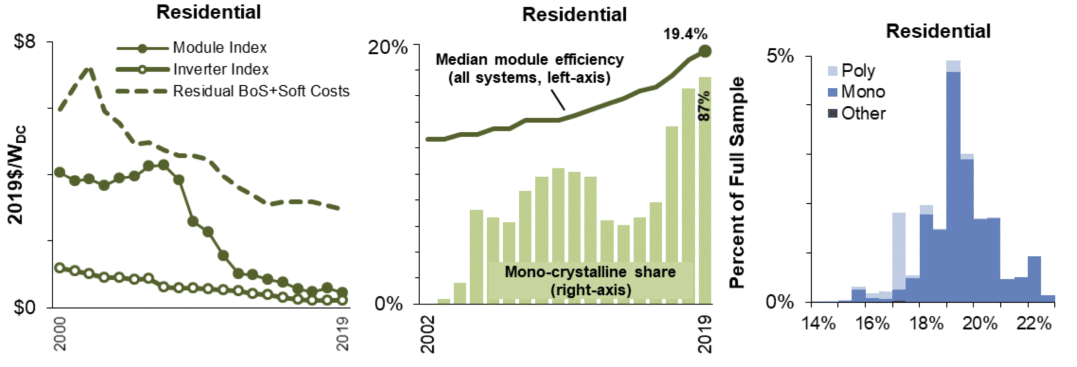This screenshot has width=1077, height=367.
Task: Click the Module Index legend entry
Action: [x=219, y=48]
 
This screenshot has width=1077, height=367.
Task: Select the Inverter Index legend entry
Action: [x=220, y=70]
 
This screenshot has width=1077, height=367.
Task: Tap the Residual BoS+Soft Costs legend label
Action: [x=261, y=91]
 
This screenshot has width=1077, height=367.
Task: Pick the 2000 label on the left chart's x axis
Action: [x=60, y=333]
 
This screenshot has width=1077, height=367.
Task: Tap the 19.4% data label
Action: [x=685, y=34]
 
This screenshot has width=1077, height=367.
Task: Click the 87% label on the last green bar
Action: [x=704, y=105]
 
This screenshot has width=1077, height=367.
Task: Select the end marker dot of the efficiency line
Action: [x=705, y=51]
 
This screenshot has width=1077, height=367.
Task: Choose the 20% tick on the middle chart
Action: [x=388, y=47]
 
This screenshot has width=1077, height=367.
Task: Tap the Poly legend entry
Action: [x=857, y=71]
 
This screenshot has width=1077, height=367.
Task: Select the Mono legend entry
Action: [x=862, y=92]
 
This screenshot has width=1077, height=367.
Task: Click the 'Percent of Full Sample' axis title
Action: [x=737, y=182]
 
